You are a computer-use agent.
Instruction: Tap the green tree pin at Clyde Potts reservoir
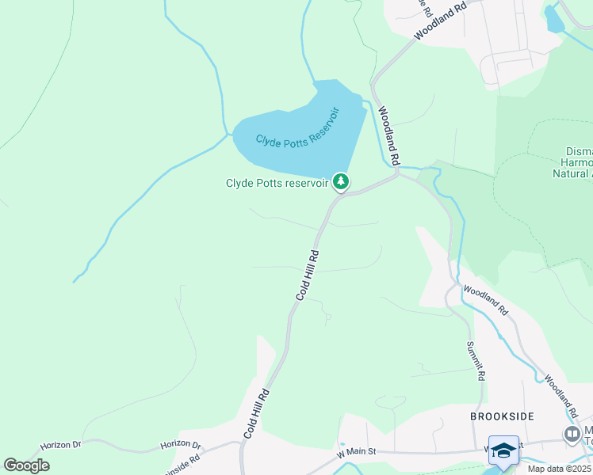pyautogui.click(x=341, y=182)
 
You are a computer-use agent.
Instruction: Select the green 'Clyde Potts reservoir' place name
pyautogui.click(x=277, y=183)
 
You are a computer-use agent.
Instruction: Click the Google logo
pyautogui.click(x=26, y=465)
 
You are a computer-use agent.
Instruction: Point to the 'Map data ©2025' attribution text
pyautogui.click(x=558, y=469)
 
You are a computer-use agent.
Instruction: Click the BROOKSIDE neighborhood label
pyautogui.click(x=502, y=416)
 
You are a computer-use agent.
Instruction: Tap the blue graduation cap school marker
pyautogui.click(x=503, y=450)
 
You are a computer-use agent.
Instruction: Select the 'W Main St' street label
pyautogui.click(x=355, y=452)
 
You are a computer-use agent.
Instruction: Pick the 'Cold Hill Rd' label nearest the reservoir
pyautogui.click(x=308, y=275)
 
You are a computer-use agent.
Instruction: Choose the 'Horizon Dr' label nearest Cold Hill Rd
pyautogui.click(x=181, y=446)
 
